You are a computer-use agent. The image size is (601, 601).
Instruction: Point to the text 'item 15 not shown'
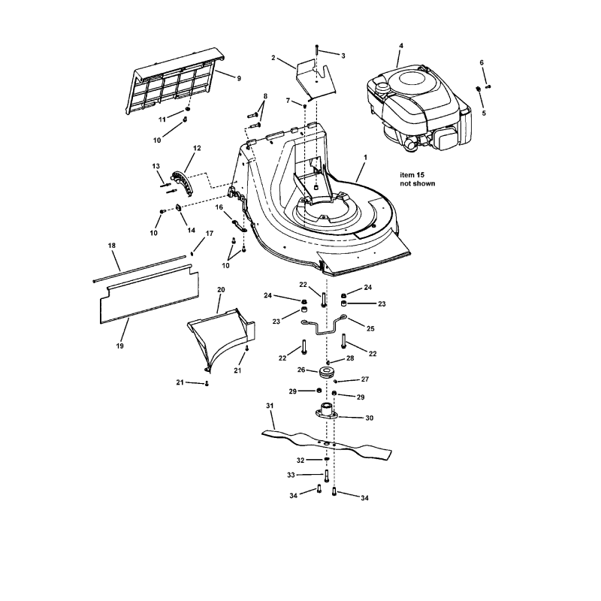(417, 178)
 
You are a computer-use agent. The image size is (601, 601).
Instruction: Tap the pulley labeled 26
(328, 373)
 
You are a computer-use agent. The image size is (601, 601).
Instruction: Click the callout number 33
(291, 475)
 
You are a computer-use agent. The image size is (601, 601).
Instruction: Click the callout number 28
(349, 358)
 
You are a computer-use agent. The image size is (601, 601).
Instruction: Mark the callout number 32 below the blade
(300, 459)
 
